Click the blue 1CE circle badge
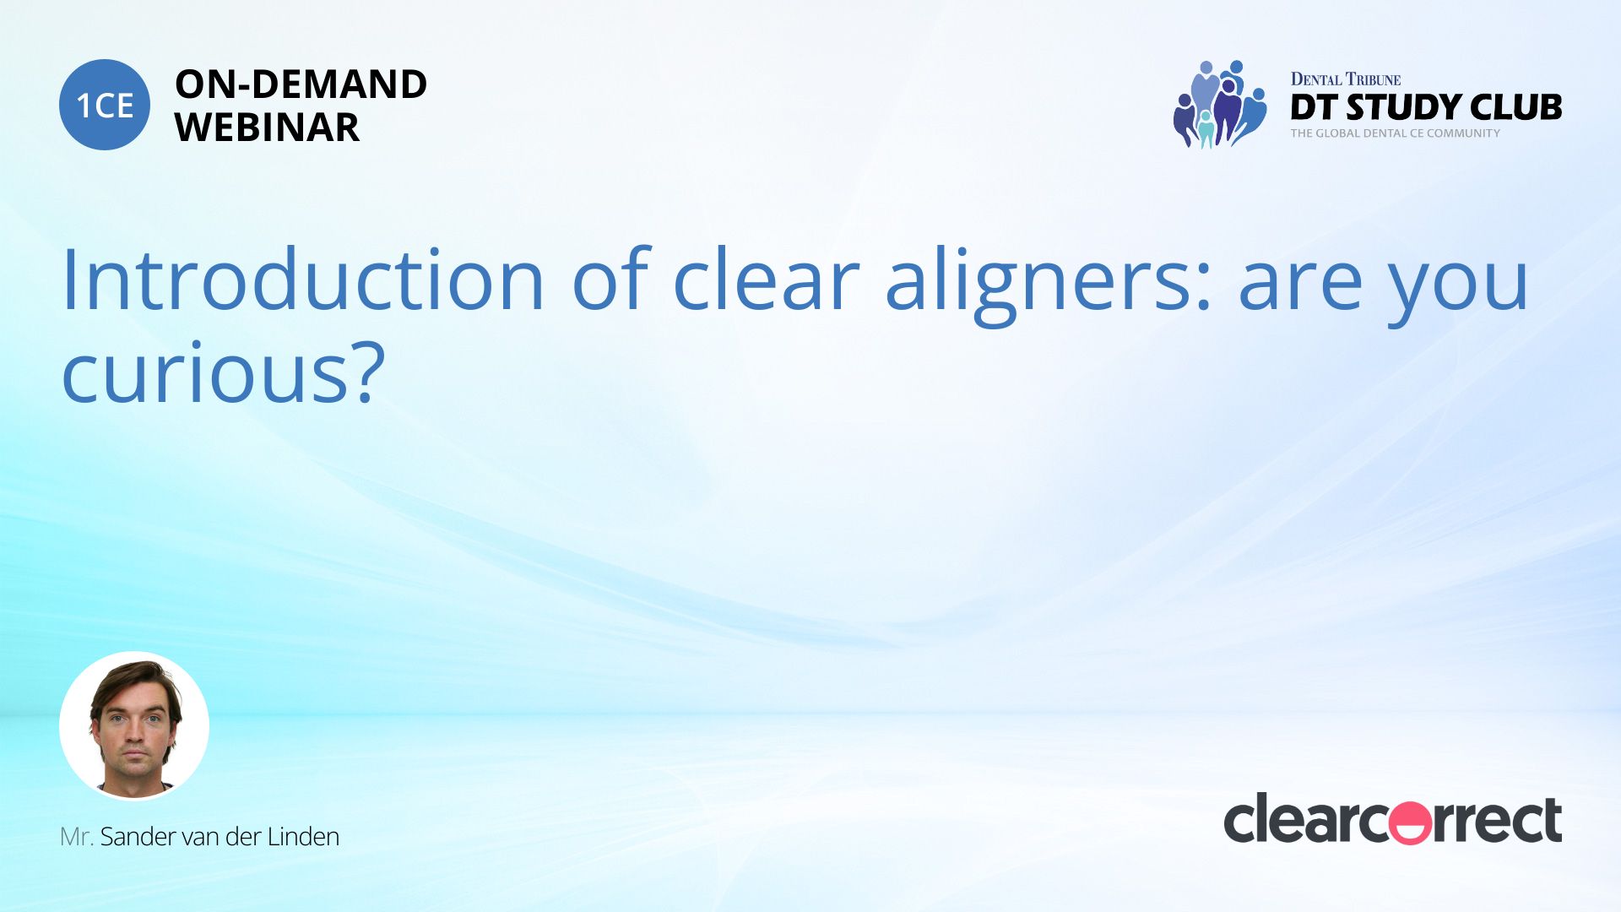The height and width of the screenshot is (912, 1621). coord(105,105)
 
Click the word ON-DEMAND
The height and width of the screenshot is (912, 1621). coord(301,84)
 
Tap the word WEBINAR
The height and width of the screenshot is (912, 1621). coord(267,127)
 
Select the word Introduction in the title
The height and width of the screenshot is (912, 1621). coord(304,280)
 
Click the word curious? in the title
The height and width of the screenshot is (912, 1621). coord(224,372)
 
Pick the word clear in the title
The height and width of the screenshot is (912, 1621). coord(766,280)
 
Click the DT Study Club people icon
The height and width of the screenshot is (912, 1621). coord(1219,105)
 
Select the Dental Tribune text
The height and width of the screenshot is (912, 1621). coord(1346,79)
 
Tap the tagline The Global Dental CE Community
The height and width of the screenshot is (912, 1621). coord(1396,133)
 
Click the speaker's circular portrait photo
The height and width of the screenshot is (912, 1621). coord(134,726)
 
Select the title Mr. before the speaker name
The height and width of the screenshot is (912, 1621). coord(77,837)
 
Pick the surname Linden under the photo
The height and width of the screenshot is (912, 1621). coord(303,837)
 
